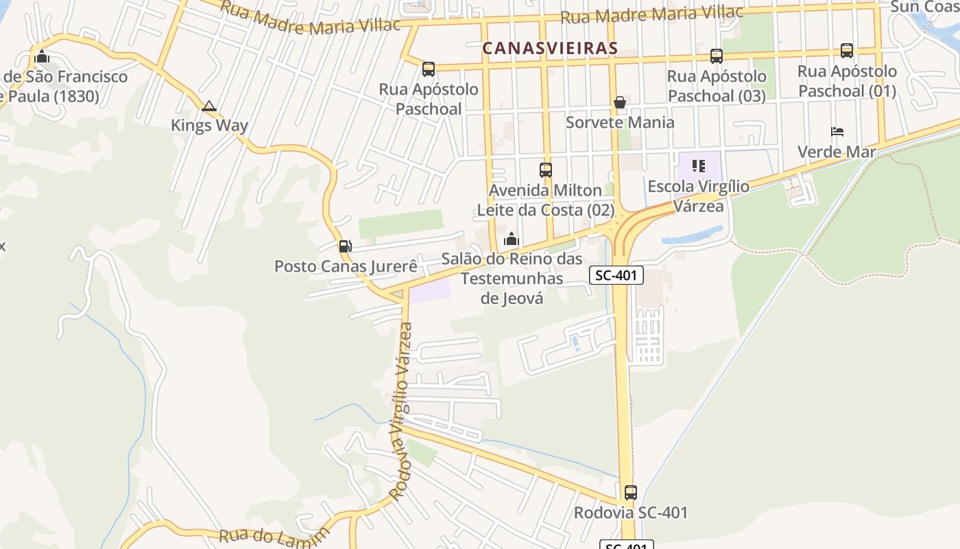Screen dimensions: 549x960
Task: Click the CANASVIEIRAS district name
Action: pos(550,48)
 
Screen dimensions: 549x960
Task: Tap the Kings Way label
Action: pos(209,126)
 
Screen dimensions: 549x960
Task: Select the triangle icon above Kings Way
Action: pos(209,106)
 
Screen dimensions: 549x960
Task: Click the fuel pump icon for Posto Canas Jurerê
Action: pos(345,246)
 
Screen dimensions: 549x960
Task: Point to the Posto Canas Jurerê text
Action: pos(346,266)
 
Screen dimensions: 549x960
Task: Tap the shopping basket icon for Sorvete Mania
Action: pos(620,102)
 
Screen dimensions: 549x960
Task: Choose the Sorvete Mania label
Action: pos(620,122)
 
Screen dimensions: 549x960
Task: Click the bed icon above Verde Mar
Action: pos(837,132)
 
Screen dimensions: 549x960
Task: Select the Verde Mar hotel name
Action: pos(837,152)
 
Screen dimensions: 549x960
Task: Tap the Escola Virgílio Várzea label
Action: pos(699,196)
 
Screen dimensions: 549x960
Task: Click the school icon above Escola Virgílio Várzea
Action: pos(699,166)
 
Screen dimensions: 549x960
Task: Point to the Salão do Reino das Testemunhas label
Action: pos(512,278)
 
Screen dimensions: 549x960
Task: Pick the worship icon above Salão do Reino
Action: pos(512,239)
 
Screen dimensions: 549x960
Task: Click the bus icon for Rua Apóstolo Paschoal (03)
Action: pos(717,56)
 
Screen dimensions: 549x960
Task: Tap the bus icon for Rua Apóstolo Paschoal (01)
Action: pos(847,51)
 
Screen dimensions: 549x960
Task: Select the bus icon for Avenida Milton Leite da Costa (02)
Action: pos(546,170)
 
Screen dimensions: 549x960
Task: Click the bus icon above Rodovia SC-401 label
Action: pos(631,492)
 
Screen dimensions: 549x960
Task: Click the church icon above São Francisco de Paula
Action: pos(42,56)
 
